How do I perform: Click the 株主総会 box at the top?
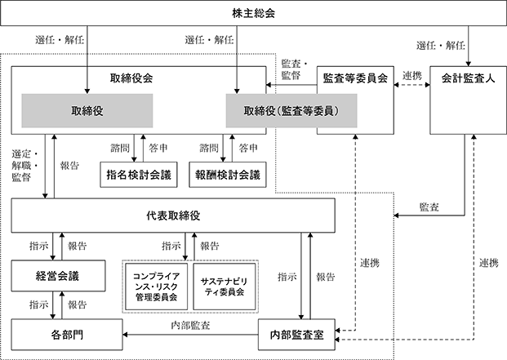[253, 13]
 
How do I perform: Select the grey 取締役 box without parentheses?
[87, 111]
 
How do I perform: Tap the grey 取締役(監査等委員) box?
[291, 111]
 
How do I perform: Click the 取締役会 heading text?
[131, 78]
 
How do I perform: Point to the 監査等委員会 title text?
[355, 78]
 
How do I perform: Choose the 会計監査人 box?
[468, 100]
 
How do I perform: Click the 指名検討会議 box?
[139, 175]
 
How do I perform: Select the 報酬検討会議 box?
[228, 175]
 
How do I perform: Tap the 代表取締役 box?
[173, 216]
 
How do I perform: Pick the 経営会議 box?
[58, 276]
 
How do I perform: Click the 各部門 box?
[67, 335]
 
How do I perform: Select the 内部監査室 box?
[296, 335]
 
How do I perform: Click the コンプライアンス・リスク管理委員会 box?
[157, 287]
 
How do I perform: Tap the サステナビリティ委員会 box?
[225, 287]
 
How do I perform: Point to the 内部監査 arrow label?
[190, 325]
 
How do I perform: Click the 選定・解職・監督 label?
[25, 166]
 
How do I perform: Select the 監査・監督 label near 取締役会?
[294, 69]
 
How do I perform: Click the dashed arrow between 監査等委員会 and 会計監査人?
[412, 85]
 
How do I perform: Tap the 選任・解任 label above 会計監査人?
[441, 45]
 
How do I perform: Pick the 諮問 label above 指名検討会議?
[120, 148]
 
